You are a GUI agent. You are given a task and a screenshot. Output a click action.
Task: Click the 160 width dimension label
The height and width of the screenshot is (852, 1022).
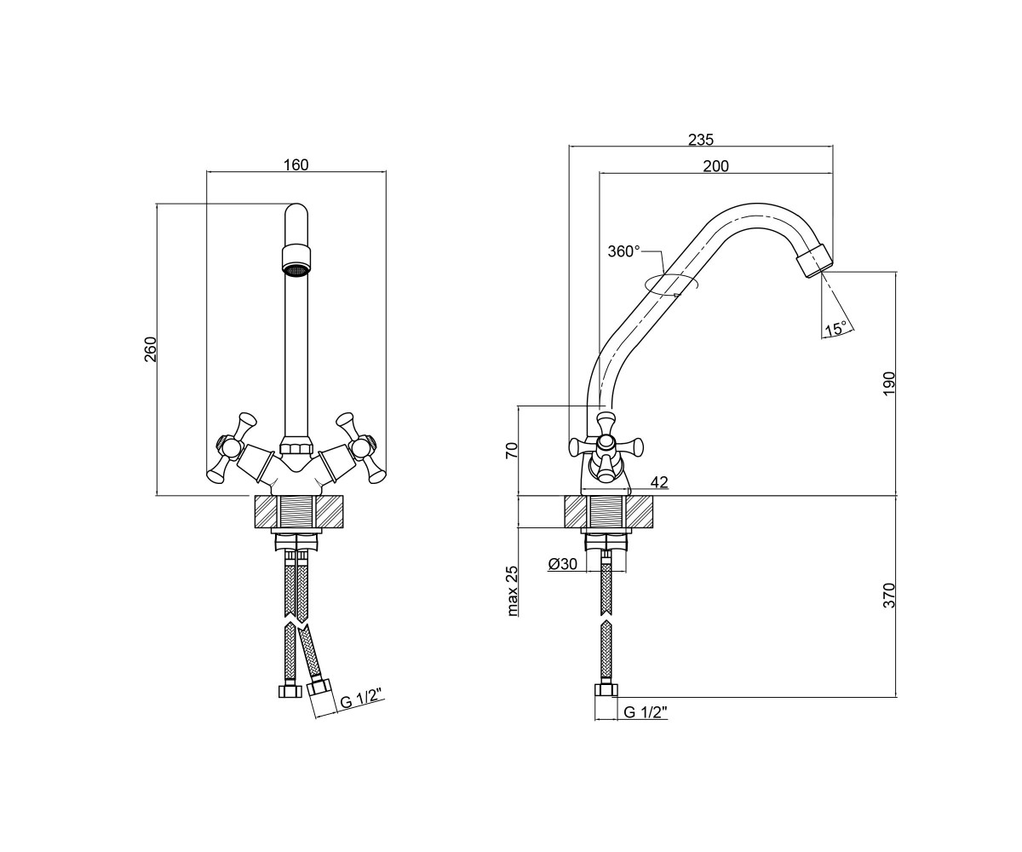[296, 165]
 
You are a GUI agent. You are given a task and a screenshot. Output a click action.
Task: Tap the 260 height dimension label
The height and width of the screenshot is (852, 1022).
[151, 349]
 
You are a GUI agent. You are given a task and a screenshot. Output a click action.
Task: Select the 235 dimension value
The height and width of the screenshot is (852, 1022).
[701, 140]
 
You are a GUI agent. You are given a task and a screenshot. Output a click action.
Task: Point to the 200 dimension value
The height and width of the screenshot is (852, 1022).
[715, 166]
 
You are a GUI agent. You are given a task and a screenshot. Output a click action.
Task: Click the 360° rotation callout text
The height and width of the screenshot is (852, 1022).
[624, 251]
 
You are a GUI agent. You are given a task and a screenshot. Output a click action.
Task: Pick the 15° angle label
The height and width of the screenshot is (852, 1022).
[835, 329]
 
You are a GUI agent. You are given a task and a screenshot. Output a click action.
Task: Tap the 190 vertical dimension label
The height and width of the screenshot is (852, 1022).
[889, 384]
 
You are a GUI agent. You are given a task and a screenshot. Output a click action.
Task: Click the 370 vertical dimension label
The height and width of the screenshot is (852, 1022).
[889, 595]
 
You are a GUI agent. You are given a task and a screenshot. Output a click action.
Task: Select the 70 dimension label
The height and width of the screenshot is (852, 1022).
[510, 450]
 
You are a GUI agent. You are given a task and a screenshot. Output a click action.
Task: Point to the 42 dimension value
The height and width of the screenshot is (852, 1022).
[659, 482]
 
